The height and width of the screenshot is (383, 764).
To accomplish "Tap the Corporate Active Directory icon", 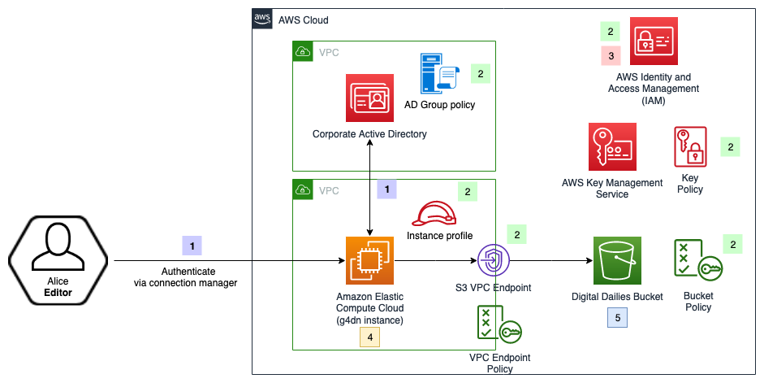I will point(369,98).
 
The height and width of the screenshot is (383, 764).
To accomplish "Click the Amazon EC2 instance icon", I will point(369,260).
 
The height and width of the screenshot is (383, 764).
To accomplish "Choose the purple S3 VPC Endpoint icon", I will point(492,260).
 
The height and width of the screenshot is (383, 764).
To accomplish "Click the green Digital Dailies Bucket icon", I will point(617,260).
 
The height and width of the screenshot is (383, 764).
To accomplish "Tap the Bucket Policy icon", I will point(697,261).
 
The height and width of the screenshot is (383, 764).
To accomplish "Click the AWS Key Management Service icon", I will point(611,147).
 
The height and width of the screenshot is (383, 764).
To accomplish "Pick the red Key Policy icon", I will point(690,147).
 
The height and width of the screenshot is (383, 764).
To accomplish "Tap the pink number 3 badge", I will point(610,56).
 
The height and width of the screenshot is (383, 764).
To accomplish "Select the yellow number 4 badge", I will point(370,336).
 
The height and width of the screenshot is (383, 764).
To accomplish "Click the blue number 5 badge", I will point(618,318).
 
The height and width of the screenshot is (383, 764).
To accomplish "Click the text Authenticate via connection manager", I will point(186,276).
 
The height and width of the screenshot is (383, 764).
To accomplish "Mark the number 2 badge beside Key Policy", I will point(730,147).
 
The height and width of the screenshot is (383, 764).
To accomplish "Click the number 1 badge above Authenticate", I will point(192,245).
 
